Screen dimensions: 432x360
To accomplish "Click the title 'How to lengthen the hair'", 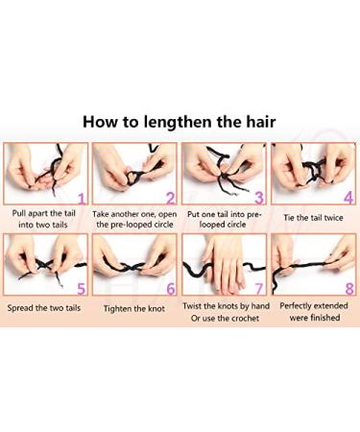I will [180, 122].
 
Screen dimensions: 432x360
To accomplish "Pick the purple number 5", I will [81, 287].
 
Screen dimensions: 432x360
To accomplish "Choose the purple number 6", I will [169, 287].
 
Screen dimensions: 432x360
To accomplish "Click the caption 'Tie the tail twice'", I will [313, 216].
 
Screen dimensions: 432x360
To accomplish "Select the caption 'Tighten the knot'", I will [133, 307].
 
